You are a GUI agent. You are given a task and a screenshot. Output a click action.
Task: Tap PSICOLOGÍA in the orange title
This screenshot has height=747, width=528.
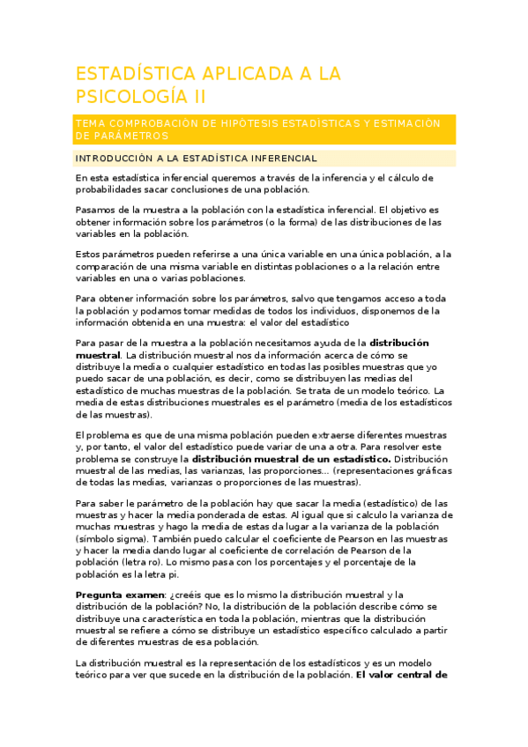(x=130, y=96)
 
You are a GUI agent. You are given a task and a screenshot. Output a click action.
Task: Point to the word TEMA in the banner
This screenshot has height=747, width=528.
(x=93, y=123)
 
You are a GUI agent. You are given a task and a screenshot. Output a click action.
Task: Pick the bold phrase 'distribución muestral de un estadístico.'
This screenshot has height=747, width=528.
(x=292, y=459)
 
